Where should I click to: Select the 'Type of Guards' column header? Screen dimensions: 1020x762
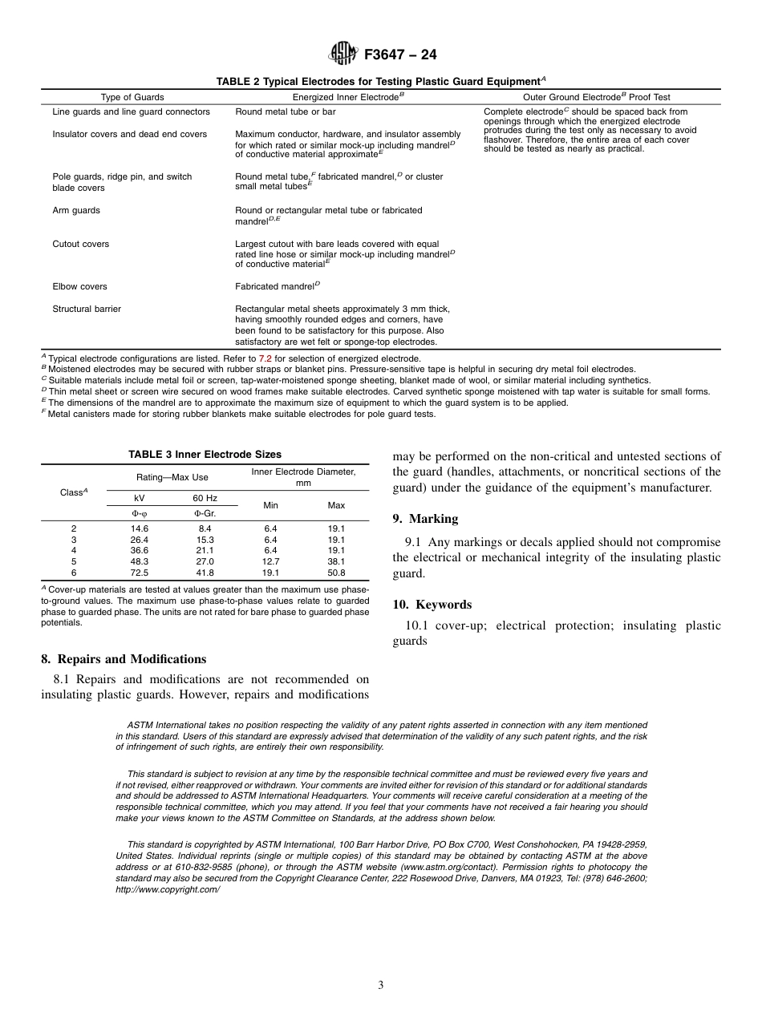click(x=132, y=97)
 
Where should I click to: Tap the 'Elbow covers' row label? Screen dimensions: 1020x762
click(x=79, y=286)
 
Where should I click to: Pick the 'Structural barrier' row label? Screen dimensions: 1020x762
click(x=87, y=309)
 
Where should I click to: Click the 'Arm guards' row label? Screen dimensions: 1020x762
click(x=76, y=210)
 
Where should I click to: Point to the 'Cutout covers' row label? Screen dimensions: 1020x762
click(x=81, y=244)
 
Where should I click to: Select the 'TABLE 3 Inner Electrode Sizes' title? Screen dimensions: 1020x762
click(x=205, y=455)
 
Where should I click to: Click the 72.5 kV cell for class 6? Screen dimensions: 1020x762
click(x=140, y=573)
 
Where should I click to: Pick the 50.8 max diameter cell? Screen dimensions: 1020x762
click(x=336, y=573)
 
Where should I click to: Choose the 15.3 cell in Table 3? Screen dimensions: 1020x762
click(x=205, y=540)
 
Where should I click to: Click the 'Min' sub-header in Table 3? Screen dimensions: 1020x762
click(x=271, y=505)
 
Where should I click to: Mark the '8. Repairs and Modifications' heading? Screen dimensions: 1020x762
click(x=124, y=659)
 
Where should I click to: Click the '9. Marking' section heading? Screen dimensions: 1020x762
click(x=425, y=519)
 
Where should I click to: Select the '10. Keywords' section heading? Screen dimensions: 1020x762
click(x=432, y=605)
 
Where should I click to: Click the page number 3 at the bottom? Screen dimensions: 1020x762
click(x=381, y=986)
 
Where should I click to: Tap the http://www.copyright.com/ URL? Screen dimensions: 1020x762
click(x=167, y=889)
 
